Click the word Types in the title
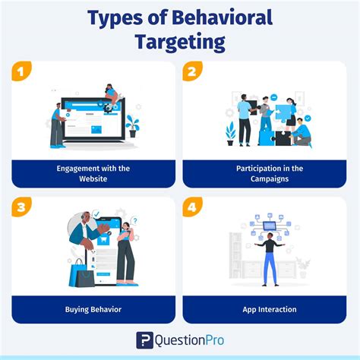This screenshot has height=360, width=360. tap(115, 18)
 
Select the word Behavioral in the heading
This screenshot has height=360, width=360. tap(227, 18)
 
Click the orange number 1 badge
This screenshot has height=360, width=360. tap(21, 71)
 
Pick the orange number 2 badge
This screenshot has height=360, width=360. tap(193, 71)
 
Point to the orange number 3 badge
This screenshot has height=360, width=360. tap(21, 207)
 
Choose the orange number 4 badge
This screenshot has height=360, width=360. tap(193, 207)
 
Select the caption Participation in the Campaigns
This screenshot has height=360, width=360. tap(265, 173)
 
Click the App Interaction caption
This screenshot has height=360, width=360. tap(265, 309)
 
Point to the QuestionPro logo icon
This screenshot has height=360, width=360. tap(144, 339)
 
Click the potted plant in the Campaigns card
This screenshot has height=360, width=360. tap(230, 134)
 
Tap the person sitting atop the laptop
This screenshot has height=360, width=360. tap(111, 95)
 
